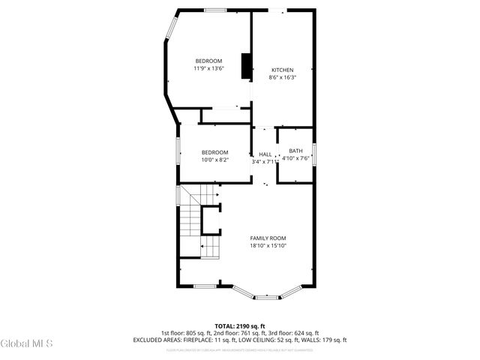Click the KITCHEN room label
point(282,70)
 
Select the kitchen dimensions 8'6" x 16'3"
point(282,77)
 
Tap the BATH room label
point(295,151)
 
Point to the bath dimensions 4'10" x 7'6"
point(295,158)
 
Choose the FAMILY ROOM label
point(268,238)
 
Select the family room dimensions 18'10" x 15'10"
point(268,245)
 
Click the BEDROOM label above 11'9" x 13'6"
point(208,61)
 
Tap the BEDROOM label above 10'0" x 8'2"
point(214,151)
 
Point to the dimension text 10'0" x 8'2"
point(214,159)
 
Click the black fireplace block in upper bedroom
point(245,66)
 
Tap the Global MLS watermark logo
point(27,344)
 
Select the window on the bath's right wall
point(315,155)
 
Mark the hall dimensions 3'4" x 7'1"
point(265,160)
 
